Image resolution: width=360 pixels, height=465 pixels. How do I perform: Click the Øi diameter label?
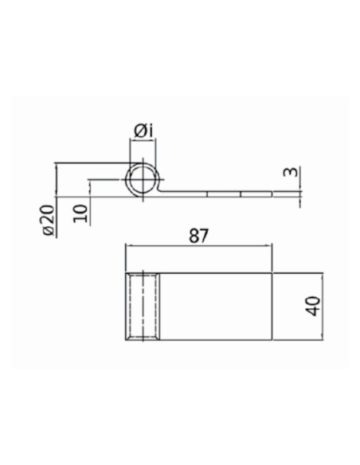coord(143,131)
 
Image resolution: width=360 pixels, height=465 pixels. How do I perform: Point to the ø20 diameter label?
coord(49,221)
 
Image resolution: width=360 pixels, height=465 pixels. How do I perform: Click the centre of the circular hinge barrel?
coord(143,179)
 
